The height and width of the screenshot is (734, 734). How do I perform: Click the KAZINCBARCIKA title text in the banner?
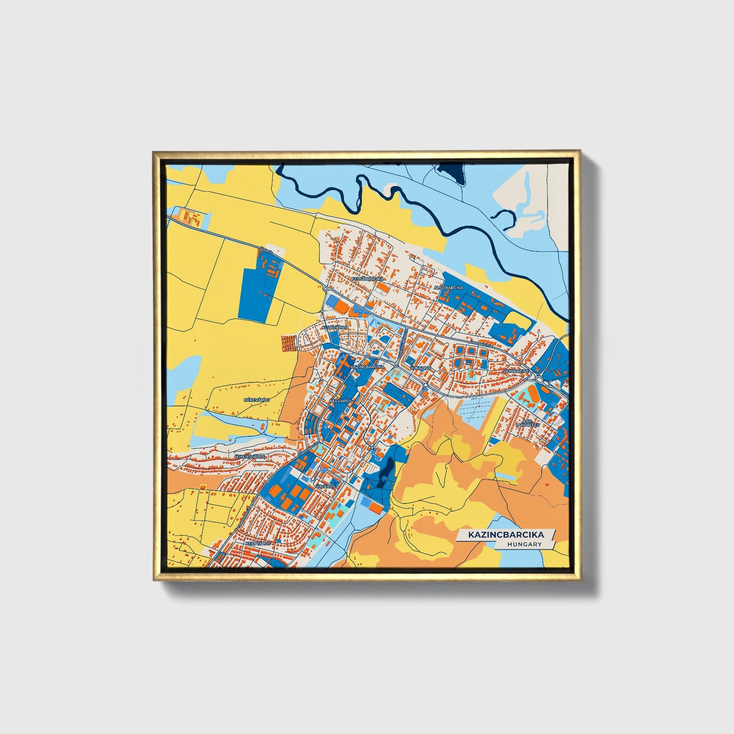(x=506, y=535)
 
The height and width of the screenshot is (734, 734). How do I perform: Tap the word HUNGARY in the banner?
(x=525, y=545)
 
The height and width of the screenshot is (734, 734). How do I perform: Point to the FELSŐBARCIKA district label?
(x=368, y=279)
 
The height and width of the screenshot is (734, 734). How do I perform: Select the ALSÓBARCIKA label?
(x=449, y=288)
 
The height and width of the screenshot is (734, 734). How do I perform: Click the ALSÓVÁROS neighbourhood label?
(x=334, y=328)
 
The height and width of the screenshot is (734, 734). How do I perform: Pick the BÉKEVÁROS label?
(x=257, y=400)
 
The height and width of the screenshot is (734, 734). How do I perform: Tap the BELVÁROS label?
(x=341, y=401)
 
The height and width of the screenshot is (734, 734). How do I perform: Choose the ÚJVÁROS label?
(x=325, y=486)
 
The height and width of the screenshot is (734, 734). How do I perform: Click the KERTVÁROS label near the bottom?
(x=258, y=543)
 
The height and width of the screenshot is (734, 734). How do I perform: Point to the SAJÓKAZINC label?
(x=516, y=372)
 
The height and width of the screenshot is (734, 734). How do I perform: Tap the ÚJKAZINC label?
(x=421, y=367)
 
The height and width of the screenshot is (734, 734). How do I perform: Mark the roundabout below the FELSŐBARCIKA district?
(x=325, y=289)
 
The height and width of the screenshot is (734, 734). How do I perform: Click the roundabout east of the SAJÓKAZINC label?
(x=539, y=379)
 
